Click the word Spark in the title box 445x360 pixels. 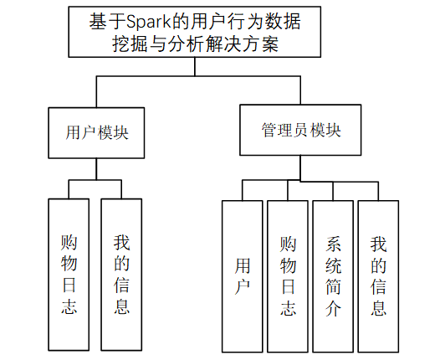(148, 22)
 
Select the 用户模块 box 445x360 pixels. (96, 132)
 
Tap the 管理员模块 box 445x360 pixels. (300, 130)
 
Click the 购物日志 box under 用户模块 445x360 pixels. (69, 275)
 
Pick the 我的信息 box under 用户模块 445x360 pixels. (121, 275)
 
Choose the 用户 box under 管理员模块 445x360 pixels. (242, 276)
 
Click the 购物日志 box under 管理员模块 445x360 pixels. (288, 276)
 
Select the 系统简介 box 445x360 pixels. (333, 276)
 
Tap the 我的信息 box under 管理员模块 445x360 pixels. (378, 276)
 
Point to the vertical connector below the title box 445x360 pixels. (195, 66)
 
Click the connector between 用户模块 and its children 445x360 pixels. (96, 169)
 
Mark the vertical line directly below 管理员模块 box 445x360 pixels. (300, 168)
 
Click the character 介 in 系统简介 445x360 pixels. (333, 308)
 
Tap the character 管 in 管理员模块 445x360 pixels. (269, 130)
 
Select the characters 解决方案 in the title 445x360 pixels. (242, 44)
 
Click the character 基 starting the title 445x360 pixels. (98, 22)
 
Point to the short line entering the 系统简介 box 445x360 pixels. (333, 191)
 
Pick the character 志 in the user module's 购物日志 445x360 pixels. (69, 306)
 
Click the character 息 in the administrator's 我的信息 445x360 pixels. (379, 308)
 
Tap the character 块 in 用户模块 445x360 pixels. (120, 132)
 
